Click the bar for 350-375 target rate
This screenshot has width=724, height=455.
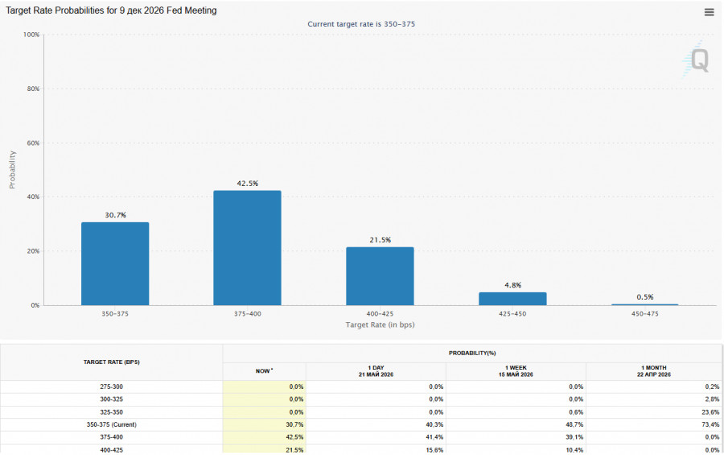coord(115,263)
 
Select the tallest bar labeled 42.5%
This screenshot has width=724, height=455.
coord(247,248)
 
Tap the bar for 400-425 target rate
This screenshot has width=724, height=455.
coord(380,276)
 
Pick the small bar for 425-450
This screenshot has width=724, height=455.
coord(512,299)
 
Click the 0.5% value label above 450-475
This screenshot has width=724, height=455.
coord(645,297)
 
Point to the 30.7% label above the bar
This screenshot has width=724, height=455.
coord(115,215)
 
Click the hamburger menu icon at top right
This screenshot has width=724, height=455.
coord(710,13)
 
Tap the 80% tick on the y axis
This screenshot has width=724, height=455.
coord(33,89)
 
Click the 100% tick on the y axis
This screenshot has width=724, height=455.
coord(31,35)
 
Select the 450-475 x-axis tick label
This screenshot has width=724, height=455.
coord(645,313)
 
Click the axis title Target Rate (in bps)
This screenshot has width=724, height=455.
coord(380,325)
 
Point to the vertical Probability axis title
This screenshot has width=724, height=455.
coord(12,170)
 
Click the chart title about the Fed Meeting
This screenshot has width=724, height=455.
coord(111,10)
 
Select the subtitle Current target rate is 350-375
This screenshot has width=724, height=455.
coord(361,24)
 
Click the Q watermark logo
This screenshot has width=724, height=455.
coord(697,59)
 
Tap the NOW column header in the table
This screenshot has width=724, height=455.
coord(264,370)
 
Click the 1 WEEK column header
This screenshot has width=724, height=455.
coord(516,370)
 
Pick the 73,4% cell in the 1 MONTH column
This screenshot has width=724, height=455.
coord(710,424)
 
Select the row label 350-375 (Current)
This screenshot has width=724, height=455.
coord(111,424)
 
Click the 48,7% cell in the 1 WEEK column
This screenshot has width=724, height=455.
coord(574,424)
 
